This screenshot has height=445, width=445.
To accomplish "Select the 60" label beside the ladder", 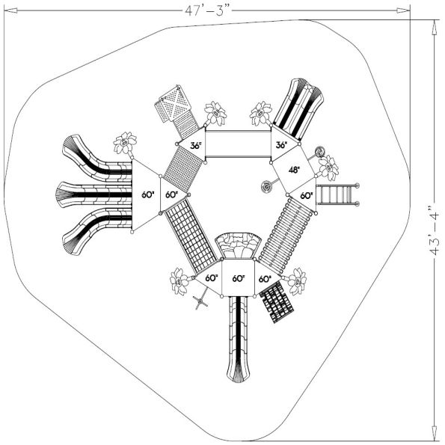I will coord(307,194).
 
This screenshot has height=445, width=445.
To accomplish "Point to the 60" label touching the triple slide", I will coord(147,194).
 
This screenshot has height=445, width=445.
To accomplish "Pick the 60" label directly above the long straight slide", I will coord(239,278).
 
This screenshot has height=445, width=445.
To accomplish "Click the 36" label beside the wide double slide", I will coord(281,145).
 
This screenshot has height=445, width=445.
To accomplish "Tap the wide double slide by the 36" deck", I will coord(298,109).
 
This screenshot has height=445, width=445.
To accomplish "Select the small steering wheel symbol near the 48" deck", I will coord(266,185).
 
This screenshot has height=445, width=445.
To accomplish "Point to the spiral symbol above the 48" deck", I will coord(321,150).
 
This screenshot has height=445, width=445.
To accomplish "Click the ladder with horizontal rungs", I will coord(337,195).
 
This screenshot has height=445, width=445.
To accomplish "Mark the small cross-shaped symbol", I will coord(200,301).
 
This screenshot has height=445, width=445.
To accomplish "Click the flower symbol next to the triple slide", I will coord(124,142).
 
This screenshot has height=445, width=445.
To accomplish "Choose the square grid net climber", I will coord(190,235).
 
